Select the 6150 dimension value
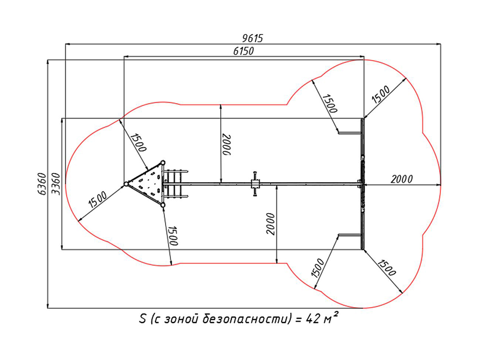click(243, 50)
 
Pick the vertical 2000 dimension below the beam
click(271, 224)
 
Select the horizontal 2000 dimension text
click(401, 179)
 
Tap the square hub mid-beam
click(255, 183)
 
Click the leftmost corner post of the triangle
click(126, 184)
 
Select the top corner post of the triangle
click(163, 163)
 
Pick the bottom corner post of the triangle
click(163, 205)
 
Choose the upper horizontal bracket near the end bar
click(349, 132)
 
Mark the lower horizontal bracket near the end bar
click(349, 235)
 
